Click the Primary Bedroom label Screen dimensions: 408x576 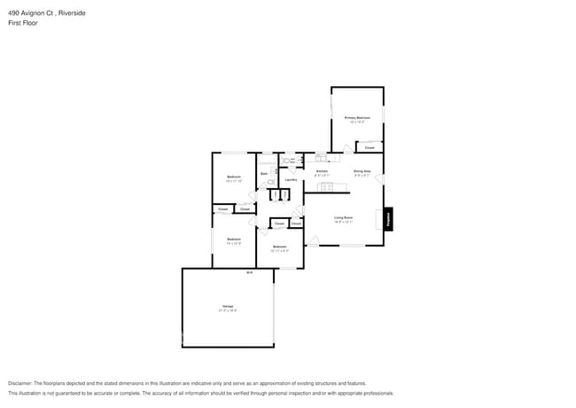pos(356,117)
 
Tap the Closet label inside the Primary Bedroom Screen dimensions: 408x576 pos(370,147)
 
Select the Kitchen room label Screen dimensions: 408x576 pos(322,171)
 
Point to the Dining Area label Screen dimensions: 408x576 pos(362,171)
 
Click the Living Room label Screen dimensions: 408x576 pos(344,217)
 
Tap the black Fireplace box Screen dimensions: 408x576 pos(387,219)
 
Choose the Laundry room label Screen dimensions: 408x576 pos(290,180)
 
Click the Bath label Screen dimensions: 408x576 pos(263,174)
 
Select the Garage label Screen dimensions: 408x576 pos(228,308)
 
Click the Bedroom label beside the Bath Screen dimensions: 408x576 pos(233,177)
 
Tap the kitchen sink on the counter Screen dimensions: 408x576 pos(320,158)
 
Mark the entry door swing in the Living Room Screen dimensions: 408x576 pos(315,239)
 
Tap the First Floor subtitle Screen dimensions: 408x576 pos(22,23)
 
